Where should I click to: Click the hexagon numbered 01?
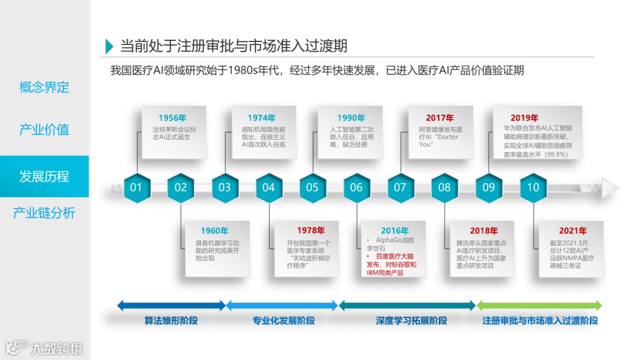[137, 188]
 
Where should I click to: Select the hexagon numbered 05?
[312, 188]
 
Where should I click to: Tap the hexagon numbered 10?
[533, 188]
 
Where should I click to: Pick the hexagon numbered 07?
[401, 188]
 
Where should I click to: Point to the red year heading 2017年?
[440, 118]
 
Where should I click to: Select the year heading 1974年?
[262, 118]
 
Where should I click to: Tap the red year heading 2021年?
[572, 231]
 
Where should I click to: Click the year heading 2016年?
[395, 231]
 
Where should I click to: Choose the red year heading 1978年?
[311, 230]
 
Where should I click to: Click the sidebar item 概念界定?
[44, 88]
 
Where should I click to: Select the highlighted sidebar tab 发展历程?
[44, 176]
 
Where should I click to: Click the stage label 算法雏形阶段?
[171, 321]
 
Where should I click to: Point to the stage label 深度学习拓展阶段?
[412, 321]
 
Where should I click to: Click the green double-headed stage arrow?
[539, 306]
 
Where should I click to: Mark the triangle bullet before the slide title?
[109, 46]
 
